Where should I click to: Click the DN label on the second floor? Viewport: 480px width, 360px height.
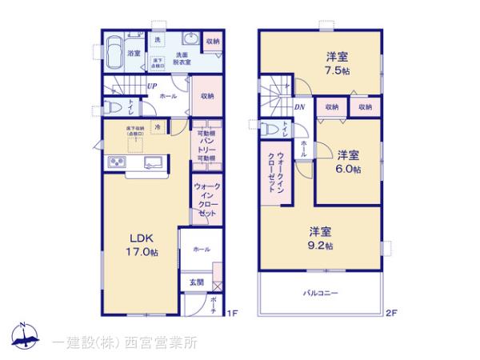click(298, 106)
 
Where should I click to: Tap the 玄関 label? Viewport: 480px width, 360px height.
click(196, 282)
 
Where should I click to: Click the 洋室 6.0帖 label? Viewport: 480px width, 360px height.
click(347, 162)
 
